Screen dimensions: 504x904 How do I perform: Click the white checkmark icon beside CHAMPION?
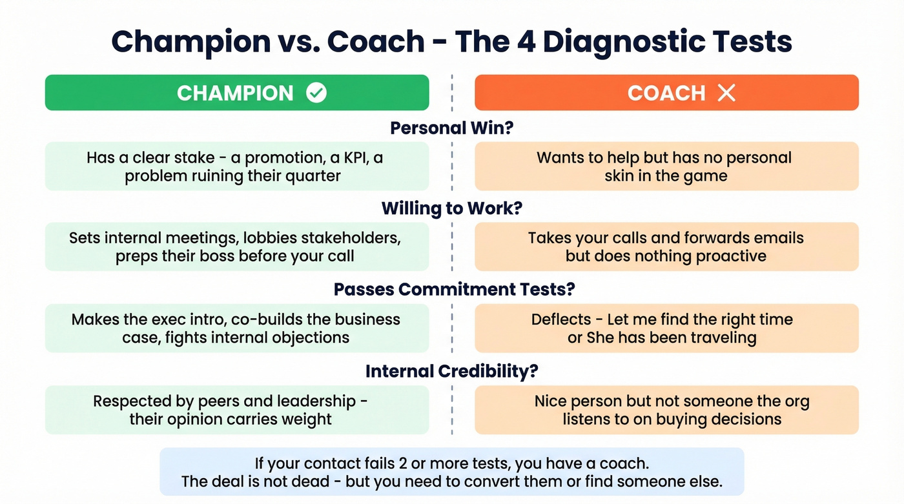[316, 93]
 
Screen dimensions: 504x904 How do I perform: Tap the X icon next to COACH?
[726, 93]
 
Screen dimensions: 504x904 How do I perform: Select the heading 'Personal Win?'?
[451, 128]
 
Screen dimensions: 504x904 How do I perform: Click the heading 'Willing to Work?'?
[451, 208]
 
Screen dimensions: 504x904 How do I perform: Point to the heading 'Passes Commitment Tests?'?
[454, 289]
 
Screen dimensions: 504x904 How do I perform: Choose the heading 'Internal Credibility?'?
[451, 371]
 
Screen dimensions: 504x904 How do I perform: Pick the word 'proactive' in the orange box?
[730, 256]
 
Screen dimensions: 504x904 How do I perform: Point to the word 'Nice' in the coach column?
[550, 401]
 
